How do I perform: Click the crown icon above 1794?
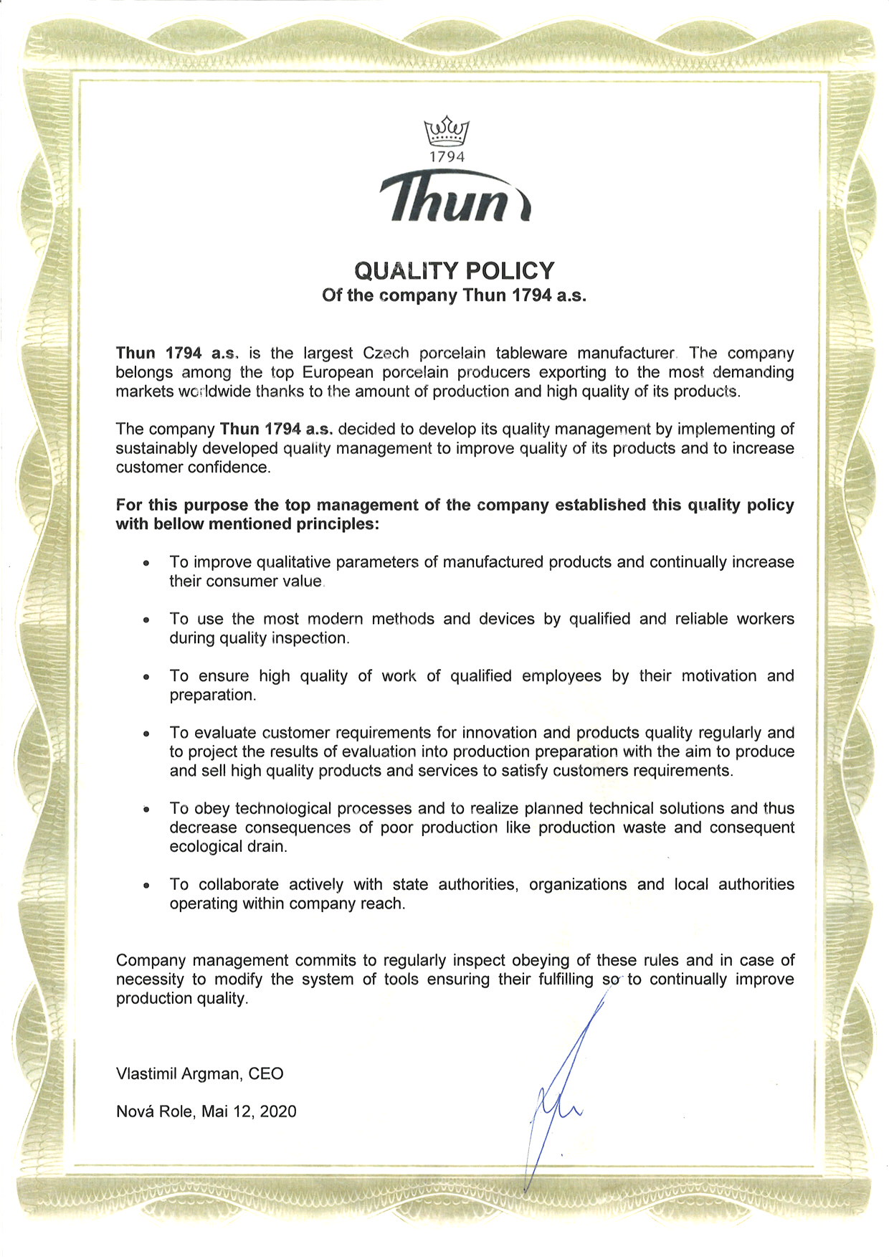447,131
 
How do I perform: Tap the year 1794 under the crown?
447,156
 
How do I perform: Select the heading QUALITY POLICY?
455,270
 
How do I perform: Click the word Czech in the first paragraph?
386,353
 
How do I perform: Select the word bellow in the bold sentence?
178,524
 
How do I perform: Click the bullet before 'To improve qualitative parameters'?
146,564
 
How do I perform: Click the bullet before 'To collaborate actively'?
146,886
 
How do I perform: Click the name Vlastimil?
146,1073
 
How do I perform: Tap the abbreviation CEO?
266,1073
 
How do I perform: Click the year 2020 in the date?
277,1111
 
